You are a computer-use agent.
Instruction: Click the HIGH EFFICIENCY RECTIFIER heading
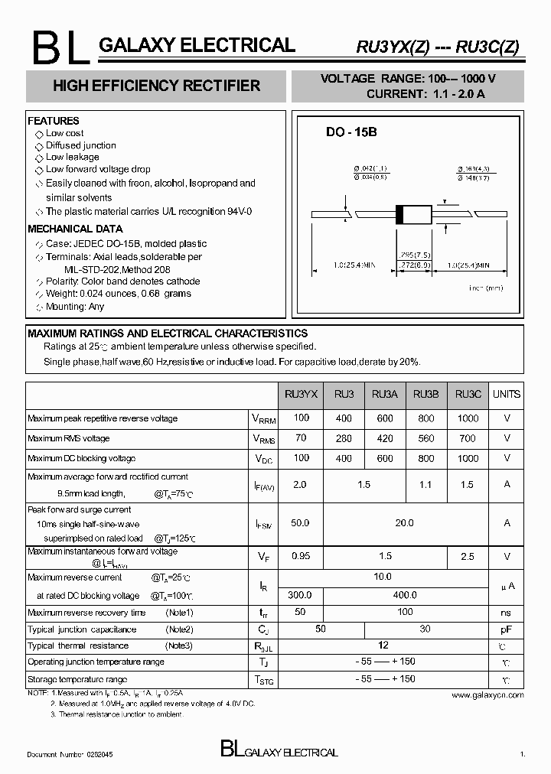[156, 86]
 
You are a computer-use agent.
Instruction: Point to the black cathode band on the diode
[399, 215]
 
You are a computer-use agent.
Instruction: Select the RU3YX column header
[301, 395]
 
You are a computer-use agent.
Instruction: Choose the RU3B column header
[425, 395]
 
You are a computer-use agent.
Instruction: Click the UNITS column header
[506, 395]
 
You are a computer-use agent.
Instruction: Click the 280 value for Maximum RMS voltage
[344, 438]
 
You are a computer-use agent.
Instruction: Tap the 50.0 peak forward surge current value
[301, 523]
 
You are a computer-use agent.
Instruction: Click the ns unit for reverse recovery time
[506, 613]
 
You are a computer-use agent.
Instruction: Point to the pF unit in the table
[506, 630]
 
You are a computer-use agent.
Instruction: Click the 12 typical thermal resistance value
[383, 646]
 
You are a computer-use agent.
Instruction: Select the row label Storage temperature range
[77, 679]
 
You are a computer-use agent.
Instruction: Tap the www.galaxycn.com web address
[487, 695]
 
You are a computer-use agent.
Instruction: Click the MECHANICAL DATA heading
[75, 229]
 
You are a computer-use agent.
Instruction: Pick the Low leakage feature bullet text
[72, 157]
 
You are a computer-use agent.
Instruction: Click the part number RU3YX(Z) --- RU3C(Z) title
[438, 47]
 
